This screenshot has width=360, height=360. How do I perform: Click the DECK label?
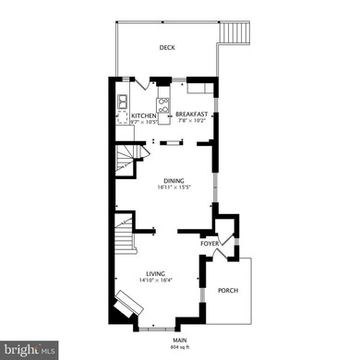[x=167, y=47]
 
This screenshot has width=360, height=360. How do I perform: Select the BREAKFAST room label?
[x=192, y=115]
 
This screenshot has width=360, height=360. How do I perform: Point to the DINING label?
[x=174, y=181]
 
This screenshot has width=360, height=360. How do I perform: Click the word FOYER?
[x=210, y=244]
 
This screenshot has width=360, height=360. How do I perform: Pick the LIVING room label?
[x=155, y=273]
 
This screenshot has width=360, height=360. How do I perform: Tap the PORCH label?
[x=227, y=291]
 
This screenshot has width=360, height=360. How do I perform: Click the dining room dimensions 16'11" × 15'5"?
[x=174, y=187]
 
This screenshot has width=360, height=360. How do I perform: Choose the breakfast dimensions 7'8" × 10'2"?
[x=192, y=122]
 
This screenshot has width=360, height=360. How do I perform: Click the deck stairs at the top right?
[x=235, y=35]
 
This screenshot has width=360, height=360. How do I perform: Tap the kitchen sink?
[x=123, y=101]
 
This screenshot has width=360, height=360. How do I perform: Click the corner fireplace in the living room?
[x=123, y=305]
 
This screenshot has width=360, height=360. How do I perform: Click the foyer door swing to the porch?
[x=232, y=249]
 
